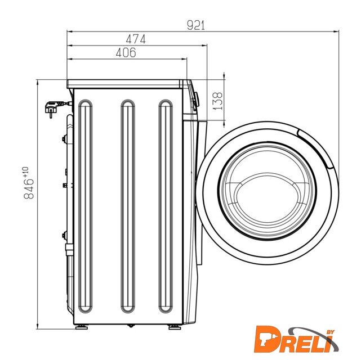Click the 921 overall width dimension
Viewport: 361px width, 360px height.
point(195,25)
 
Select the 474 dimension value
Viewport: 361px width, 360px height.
point(136,39)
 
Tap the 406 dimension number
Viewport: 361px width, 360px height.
point(126,53)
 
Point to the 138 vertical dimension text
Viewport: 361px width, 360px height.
point(217,101)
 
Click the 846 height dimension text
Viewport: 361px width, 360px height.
point(29,189)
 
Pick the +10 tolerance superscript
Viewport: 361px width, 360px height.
point(25,172)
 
